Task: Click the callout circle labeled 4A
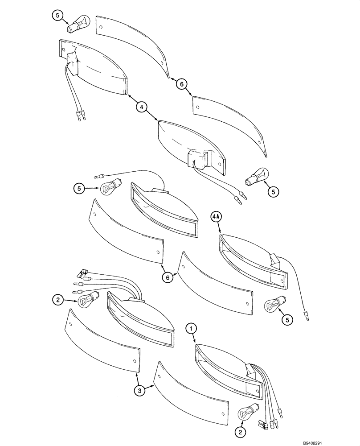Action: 216,217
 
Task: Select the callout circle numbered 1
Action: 192,329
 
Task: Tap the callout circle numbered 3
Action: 140,391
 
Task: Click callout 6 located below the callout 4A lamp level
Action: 168,277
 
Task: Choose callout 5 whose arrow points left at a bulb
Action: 273,192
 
